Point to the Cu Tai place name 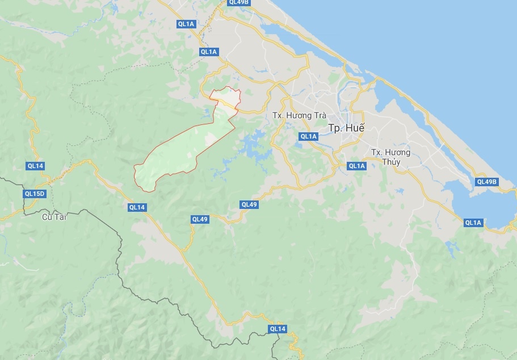tap(54, 217)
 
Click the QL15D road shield tap(34, 194)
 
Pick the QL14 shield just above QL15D tap(35, 166)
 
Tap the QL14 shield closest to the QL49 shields tap(137, 207)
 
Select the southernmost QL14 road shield tap(278, 329)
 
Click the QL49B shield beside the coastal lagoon tap(486, 182)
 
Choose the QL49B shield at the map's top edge tap(239, 2)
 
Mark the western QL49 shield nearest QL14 tap(200, 219)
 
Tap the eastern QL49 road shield tap(249, 204)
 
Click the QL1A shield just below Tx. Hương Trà tap(308, 136)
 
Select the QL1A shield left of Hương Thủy tap(356, 166)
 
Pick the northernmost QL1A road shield tap(186, 24)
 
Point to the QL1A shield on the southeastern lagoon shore tap(473, 223)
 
